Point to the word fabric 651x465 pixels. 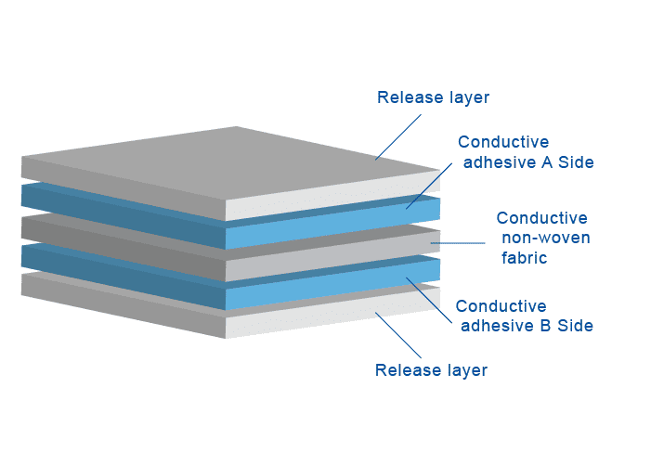tap(525, 258)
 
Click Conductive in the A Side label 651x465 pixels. tap(503, 143)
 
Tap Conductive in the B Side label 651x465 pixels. tap(501, 306)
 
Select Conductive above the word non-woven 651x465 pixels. tap(541, 219)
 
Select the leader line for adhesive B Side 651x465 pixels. tap(430, 301)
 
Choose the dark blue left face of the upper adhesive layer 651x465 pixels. tap(121, 212)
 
